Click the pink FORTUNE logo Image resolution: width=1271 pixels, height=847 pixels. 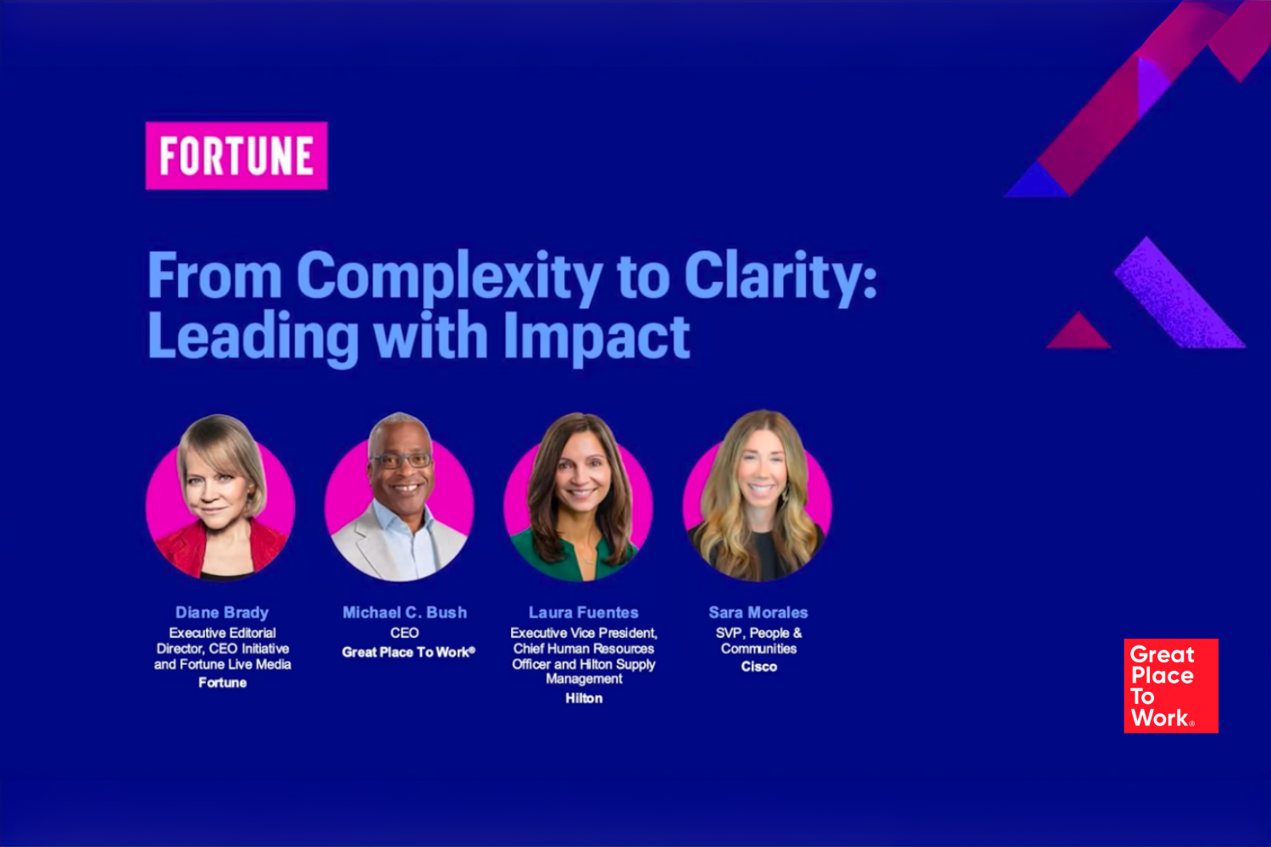click(236, 156)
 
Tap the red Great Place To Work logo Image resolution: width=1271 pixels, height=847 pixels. click(1170, 685)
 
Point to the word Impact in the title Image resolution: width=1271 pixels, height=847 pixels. click(597, 338)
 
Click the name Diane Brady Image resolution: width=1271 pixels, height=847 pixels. click(222, 612)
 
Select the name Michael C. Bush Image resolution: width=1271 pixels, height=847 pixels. click(404, 612)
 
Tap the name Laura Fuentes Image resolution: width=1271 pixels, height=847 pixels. click(583, 612)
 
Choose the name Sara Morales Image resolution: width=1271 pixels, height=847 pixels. click(758, 612)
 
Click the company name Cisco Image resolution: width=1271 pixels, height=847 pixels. click(758, 667)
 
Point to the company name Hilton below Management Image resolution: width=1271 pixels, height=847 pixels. click(584, 699)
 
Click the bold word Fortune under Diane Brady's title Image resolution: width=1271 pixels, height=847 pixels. click(222, 683)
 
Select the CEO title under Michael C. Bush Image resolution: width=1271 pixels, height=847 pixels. click(404, 633)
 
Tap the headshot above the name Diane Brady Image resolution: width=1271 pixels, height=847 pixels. click(220, 497)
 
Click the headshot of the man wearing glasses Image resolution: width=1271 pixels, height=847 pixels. click(399, 497)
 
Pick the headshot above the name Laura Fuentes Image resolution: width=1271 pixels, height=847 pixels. click(578, 497)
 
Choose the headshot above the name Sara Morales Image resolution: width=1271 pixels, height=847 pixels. click(758, 496)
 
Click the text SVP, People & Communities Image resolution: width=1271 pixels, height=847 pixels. click(758, 640)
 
